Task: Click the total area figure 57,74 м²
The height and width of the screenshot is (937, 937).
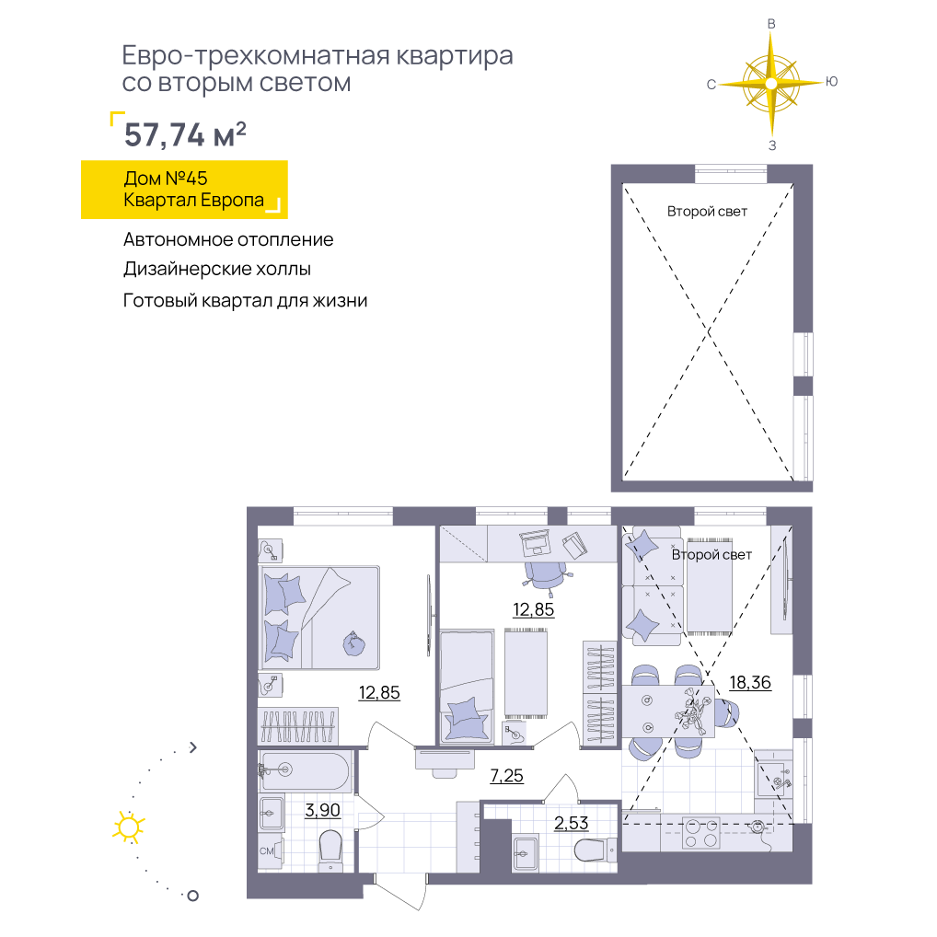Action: (x=185, y=134)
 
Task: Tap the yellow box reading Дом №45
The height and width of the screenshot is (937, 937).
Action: (x=184, y=190)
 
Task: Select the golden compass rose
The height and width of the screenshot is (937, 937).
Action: (x=771, y=84)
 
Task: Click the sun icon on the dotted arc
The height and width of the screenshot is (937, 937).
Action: (x=129, y=827)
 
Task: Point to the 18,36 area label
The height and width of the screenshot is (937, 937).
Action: (x=750, y=682)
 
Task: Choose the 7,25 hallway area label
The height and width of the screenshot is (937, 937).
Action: (x=507, y=776)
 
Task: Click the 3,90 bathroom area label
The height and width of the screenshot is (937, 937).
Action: (x=323, y=810)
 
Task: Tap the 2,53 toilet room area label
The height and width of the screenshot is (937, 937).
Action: (x=572, y=824)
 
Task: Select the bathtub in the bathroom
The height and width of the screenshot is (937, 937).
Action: (x=305, y=771)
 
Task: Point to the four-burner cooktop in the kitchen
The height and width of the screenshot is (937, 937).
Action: (x=701, y=833)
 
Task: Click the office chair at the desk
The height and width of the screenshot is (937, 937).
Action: (x=547, y=577)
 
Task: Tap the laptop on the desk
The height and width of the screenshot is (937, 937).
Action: (x=535, y=542)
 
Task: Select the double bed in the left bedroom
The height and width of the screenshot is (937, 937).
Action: (x=319, y=618)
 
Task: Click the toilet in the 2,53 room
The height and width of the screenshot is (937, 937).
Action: (x=594, y=850)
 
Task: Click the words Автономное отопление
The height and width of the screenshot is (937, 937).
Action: (x=228, y=239)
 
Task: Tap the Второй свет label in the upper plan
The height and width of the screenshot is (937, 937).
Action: (x=707, y=212)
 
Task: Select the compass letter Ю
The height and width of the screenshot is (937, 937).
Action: (x=831, y=82)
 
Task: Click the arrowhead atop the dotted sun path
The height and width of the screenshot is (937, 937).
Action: (x=193, y=747)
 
